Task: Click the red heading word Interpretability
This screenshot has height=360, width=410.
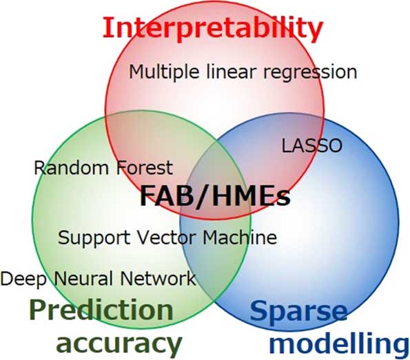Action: pyautogui.click(x=213, y=30)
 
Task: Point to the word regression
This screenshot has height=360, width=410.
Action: pyautogui.click(x=310, y=73)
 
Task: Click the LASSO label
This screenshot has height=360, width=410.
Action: pyautogui.click(x=312, y=145)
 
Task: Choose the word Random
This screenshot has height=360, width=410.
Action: pyautogui.click(x=72, y=168)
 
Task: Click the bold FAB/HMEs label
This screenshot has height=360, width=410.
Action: pyautogui.click(x=215, y=195)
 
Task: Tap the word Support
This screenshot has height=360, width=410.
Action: pyautogui.click(x=94, y=238)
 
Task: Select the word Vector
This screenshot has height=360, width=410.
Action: pyautogui.click(x=166, y=237)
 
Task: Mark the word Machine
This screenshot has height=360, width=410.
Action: pyautogui.click(x=240, y=237)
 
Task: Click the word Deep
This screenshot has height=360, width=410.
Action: pyautogui.click(x=23, y=279)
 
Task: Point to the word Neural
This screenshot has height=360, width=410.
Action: pyautogui.click(x=83, y=278)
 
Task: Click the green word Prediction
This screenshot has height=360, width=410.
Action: pyautogui.click(x=101, y=310)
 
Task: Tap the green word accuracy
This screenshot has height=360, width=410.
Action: pyautogui.click(x=119, y=343)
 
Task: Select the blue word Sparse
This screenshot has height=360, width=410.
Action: pyautogui.click(x=299, y=313)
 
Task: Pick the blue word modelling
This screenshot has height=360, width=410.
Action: pyautogui.click(x=339, y=346)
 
